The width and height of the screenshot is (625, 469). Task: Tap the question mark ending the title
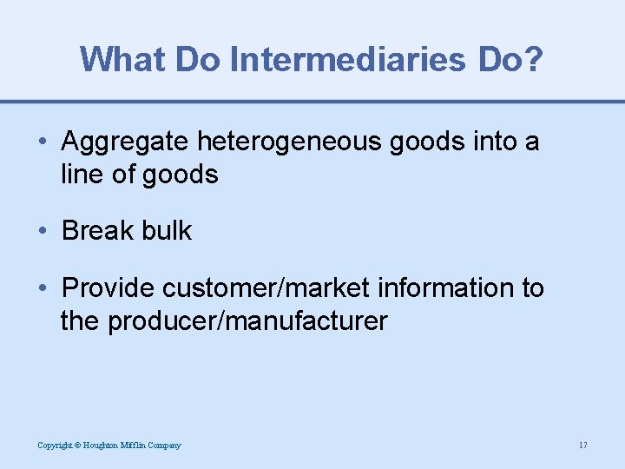click(532, 58)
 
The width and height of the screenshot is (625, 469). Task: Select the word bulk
click(169, 231)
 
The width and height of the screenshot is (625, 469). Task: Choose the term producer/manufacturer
click(247, 321)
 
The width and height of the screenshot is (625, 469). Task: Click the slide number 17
click(582, 446)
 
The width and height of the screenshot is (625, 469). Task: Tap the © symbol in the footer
click(76, 446)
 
